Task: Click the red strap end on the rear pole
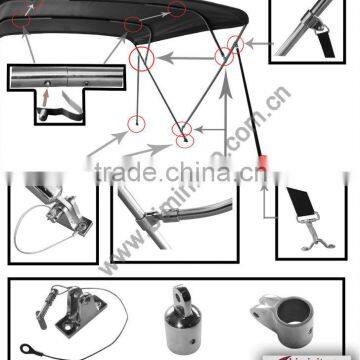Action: point(263,162)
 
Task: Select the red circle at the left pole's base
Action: point(131,122)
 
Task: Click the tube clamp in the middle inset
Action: point(174,212)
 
